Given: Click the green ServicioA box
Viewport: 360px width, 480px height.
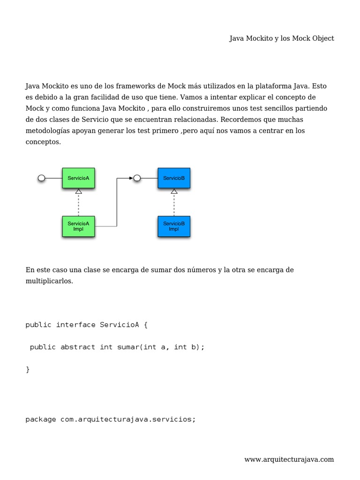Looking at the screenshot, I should pyautogui.click(x=78, y=178).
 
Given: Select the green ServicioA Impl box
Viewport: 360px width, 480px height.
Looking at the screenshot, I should pyautogui.click(x=78, y=226).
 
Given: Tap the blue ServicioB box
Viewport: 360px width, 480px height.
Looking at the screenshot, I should pyautogui.click(x=174, y=178).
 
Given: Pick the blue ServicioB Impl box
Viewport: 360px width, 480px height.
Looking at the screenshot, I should pyautogui.click(x=174, y=226).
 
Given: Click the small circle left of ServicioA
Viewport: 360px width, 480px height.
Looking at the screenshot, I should pyautogui.click(x=41, y=178).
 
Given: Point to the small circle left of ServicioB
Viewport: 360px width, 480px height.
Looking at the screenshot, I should pyautogui.click(x=137, y=178).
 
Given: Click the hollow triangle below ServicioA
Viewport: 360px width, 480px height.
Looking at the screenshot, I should pyautogui.click(x=79, y=191).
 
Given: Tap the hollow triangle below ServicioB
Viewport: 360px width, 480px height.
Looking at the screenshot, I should pyautogui.click(x=174, y=191).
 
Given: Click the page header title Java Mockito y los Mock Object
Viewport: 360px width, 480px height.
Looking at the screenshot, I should pyautogui.click(x=281, y=38).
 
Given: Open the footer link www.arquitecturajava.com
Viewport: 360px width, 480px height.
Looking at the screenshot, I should pyautogui.click(x=289, y=459).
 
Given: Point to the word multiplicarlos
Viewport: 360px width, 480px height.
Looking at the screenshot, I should pyautogui.click(x=49, y=281).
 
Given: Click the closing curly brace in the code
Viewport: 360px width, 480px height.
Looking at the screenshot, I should pyautogui.click(x=28, y=369).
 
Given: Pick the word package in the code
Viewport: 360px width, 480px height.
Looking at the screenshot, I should pyautogui.click(x=41, y=420).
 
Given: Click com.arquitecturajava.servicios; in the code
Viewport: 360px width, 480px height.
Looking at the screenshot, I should pyautogui.click(x=128, y=420).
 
